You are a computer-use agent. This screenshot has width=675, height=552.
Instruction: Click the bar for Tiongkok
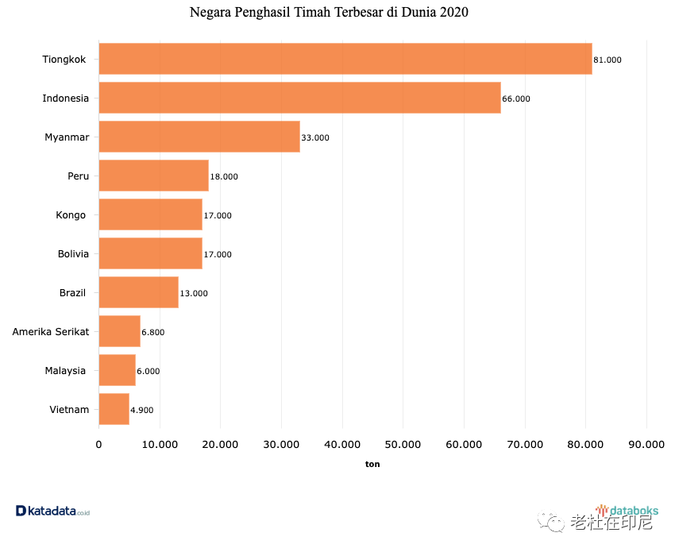pyautogui.click(x=345, y=59)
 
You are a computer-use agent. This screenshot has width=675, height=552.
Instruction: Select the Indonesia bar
pyautogui.click(x=299, y=98)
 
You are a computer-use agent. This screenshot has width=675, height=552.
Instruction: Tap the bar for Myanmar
pyautogui.click(x=199, y=137)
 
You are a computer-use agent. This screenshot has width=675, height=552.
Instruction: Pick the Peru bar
pyautogui.click(x=153, y=176)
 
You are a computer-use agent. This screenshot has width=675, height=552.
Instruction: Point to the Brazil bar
pyautogui.click(x=138, y=292)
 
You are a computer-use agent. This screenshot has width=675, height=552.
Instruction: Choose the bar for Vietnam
pyautogui.click(x=114, y=409)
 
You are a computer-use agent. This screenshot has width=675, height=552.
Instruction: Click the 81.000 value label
pyautogui.click(x=607, y=60)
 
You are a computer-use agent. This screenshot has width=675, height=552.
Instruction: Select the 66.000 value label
pyautogui.click(x=516, y=98)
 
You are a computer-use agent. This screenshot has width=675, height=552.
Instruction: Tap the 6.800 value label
pyautogui.click(x=152, y=332)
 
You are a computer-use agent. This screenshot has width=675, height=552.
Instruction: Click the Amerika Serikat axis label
pyautogui.click(x=51, y=331)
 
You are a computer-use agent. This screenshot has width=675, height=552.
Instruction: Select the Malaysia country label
pyautogui.click(x=67, y=370)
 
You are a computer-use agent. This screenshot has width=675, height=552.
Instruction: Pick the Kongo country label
pyautogui.click(x=71, y=214)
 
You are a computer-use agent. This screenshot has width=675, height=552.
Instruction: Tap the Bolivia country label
pyautogui.click(x=73, y=253)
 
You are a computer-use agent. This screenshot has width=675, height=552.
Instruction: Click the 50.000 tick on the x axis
pyautogui.click(x=403, y=445)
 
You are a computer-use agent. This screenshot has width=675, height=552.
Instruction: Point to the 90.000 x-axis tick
pyautogui.click(x=646, y=445)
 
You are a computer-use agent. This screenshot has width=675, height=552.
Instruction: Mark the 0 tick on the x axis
pyautogui.click(x=98, y=445)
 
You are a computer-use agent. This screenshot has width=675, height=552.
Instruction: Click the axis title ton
pyautogui.click(x=372, y=464)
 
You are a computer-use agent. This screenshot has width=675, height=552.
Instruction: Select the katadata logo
pyautogui.click(x=52, y=511)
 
